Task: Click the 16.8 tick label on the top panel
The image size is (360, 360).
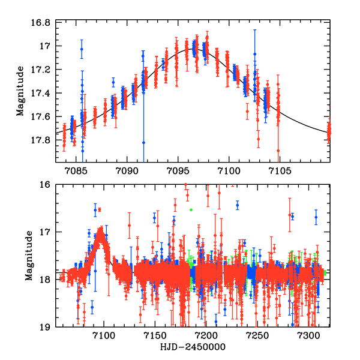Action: (44, 23)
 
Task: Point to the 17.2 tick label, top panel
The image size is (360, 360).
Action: (44, 70)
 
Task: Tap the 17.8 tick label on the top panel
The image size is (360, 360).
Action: (44, 140)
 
